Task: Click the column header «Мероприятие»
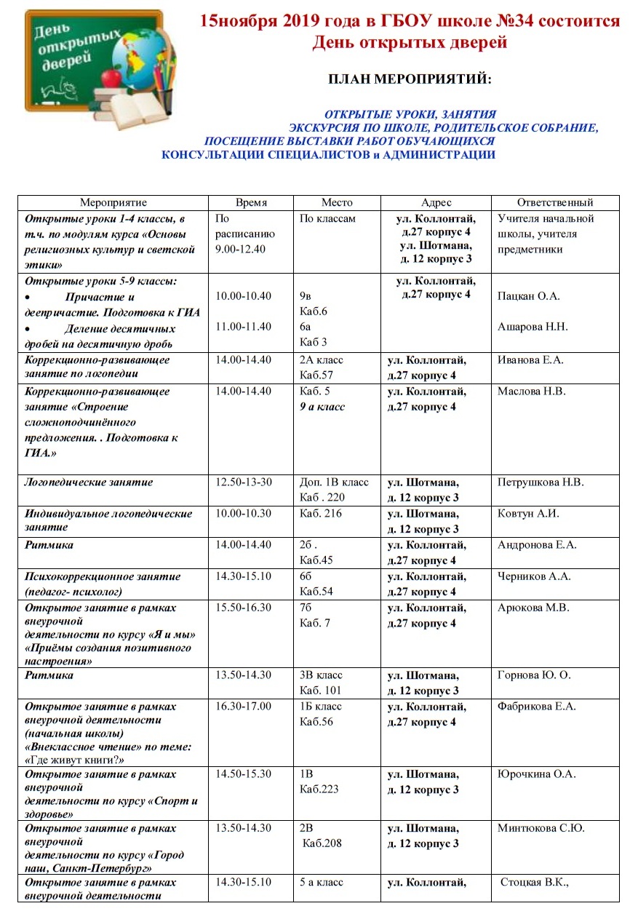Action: [113, 203]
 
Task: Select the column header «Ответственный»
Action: [555, 203]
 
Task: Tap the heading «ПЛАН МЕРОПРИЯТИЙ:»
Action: [410, 79]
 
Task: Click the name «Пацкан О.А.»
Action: [529, 296]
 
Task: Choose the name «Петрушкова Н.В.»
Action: [541, 482]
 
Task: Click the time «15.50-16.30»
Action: [243, 608]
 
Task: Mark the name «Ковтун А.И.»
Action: [528, 514]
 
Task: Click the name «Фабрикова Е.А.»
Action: [537, 707]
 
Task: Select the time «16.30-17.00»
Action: [243, 707]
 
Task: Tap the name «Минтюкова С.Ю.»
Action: [541, 828]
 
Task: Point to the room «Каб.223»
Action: [319, 790]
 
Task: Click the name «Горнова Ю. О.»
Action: [534, 675]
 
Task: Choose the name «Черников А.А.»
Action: [534, 576]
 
